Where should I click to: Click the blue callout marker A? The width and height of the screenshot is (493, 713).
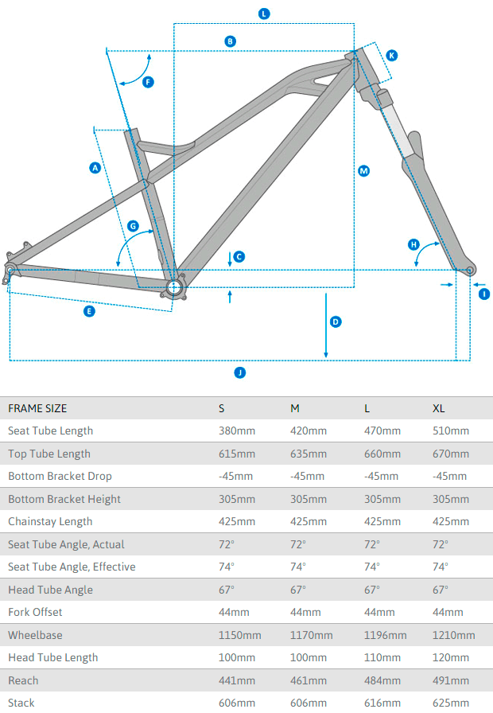pos(95,167)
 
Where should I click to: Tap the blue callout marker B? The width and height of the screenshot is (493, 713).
pos(230,41)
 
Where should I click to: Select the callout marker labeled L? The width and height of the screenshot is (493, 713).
pos(264,14)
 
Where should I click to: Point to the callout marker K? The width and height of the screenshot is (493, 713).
pos(392,55)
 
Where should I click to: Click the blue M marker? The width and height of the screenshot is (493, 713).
pos(363,170)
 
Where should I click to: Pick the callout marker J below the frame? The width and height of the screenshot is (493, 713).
pos(239,372)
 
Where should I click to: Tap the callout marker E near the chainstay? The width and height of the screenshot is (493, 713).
pos(89,311)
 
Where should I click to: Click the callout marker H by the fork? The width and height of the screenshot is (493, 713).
pos(413,244)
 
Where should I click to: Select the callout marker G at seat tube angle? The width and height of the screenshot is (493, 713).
pos(134,226)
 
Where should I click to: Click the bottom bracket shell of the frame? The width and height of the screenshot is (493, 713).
pos(175,287)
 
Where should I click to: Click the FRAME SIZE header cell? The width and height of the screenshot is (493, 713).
pos(37,408)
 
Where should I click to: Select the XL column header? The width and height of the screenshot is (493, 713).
pos(438,408)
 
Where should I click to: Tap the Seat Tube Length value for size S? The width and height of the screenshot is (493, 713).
pos(237,431)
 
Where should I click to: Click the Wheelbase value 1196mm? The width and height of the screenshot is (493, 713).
pos(385,635)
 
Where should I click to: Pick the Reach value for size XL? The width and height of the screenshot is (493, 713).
pos(450,680)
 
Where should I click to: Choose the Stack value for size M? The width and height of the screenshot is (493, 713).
pos(309,703)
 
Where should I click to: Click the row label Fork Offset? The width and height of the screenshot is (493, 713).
pos(35,612)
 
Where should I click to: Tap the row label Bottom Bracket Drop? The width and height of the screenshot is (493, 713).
pos(60,476)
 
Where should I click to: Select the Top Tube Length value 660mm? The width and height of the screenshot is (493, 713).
pos(382,454)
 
